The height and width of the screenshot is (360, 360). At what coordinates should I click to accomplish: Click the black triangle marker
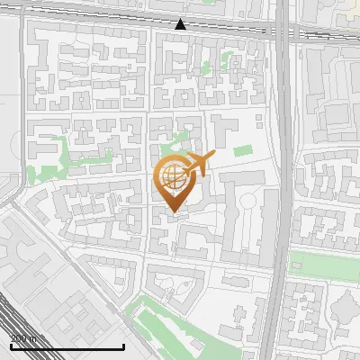pos(181,24)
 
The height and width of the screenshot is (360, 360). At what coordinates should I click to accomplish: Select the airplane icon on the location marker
pos(198,165)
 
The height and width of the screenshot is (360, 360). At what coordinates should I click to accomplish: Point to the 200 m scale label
pos(23,338)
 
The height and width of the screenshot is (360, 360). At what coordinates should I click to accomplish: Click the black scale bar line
pos(67,346)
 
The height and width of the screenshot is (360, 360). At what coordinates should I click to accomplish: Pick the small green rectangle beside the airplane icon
pos(243,150)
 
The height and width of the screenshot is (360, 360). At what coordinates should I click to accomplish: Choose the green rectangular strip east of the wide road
pos(324,265)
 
